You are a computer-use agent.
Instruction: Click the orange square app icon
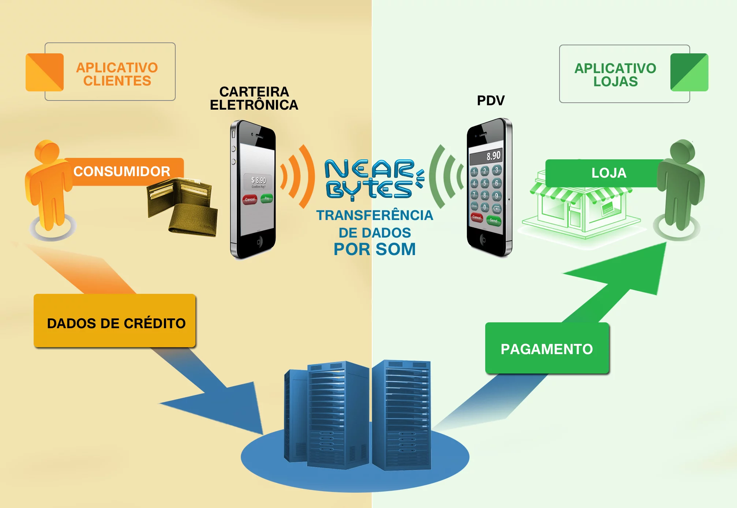pyautogui.click(x=45, y=72)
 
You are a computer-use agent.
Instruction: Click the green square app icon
pyautogui.click(x=689, y=72)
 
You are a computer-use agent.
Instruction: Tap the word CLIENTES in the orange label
pyautogui.click(x=117, y=81)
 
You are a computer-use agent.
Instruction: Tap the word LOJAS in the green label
pyautogui.click(x=616, y=81)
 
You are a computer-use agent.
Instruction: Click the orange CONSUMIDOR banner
pyautogui.click(x=123, y=171)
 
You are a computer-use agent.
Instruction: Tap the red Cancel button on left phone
pyautogui.click(x=250, y=199)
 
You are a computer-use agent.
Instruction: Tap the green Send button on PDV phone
pyautogui.click(x=494, y=220)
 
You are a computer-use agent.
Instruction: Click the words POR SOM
pyautogui.click(x=374, y=249)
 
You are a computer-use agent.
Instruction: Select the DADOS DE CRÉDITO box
pyautogui.click(x=115, y=321)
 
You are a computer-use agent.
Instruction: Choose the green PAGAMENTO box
pyautogui.click(x=547, y=348)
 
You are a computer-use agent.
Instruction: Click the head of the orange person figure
pyautogui.click(x=47, y=150)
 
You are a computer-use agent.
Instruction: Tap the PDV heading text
pyautogui.click(x=490, y=101)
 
